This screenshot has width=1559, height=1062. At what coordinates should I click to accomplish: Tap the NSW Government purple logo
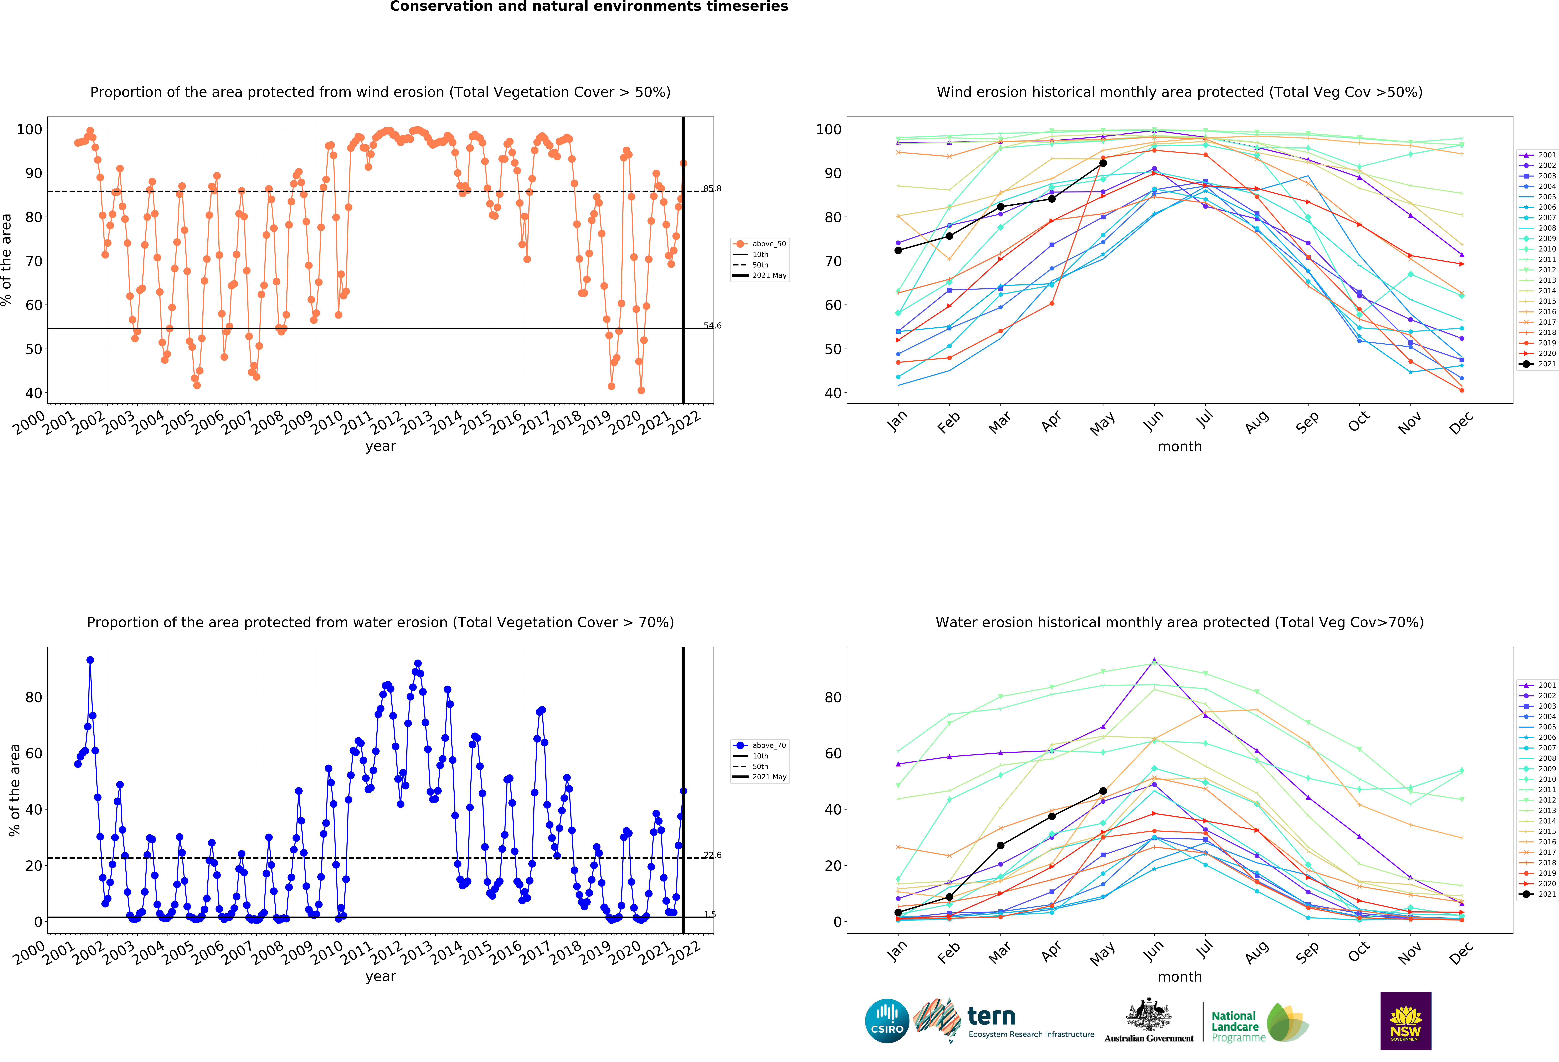click(x=1405, y=1020)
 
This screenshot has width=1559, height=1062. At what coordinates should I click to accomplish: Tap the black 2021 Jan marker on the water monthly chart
click(x=898, y=913)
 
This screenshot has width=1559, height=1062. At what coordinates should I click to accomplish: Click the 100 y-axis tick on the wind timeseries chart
click(x=29, y=129)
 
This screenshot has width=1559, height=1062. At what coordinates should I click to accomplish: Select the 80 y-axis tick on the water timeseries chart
click(x=34, y=697)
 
